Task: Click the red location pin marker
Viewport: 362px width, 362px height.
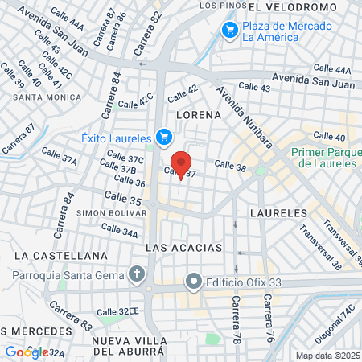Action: pyautogui.click(x=182, y=164)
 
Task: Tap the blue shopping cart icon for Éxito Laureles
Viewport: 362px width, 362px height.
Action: pyautogui.click(x=164, y=138)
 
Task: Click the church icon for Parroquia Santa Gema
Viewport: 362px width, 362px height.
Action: pyautogui.click(x=138, y=275)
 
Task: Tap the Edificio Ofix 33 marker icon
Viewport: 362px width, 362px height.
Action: pyautogui.click(x=193, y=282)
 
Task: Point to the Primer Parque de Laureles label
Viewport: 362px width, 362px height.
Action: pyautogui.click(x=324, y=158)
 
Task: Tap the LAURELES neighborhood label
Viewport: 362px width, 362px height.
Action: pyautogui.click(x=278, y=212)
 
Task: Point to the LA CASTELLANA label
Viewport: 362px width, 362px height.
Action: pyautogui.click(x=60, y=255)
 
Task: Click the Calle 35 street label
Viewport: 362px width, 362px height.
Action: pyautogui.click(x=123, y=197)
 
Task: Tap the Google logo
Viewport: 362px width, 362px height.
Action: pyautogui.click(x=27, y=352)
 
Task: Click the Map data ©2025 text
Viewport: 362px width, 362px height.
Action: pyautogui.click(x=326, y=356)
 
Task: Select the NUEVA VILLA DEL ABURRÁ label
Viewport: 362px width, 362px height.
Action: pyautogui.click(x=129, y=346)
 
